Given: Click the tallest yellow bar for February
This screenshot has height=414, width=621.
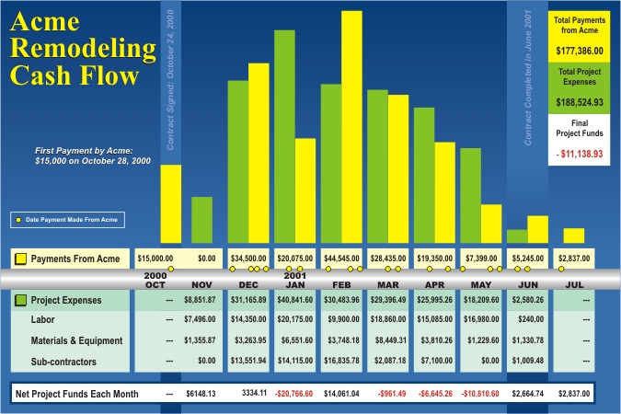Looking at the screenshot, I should point(351,129).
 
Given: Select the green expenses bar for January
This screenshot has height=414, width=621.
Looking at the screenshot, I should point(284,138).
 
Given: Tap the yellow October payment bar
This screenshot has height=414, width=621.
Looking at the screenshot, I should point(171,206).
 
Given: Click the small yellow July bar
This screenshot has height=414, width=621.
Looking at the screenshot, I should point(574,236).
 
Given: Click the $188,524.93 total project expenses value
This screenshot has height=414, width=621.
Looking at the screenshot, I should point(580,102).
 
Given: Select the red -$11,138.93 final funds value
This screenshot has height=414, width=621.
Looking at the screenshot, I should point(580,155).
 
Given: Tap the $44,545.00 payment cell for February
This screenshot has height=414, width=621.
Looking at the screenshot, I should point(342,259).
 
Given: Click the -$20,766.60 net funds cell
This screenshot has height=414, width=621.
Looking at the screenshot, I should point(295,393).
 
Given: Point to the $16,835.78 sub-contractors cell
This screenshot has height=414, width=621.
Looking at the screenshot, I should point(342,362).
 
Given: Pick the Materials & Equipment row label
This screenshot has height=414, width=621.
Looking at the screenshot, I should point(77,341).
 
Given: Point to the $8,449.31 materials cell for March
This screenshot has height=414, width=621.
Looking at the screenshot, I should point(388,340).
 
